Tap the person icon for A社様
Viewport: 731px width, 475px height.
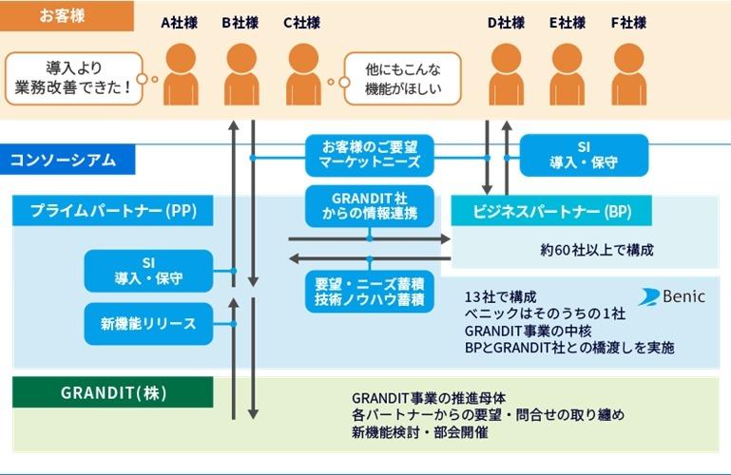point(181,71)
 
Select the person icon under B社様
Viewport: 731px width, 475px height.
point(240,71)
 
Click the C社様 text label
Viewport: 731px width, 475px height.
point(303,23)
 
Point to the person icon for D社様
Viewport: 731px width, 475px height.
point(505,71)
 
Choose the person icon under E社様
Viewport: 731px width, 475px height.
point(567,71)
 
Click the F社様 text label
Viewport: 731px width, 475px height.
point(627,23)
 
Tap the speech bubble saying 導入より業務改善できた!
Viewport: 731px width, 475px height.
point(71,79)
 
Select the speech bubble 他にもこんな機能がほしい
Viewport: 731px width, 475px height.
point(400,79)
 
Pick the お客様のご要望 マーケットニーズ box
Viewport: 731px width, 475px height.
point(370,156)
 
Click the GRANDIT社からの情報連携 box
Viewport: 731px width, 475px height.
point(370,206)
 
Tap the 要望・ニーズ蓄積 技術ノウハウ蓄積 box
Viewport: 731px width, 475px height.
point(370,291)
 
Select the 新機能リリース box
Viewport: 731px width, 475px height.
point(148,324)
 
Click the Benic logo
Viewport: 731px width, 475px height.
point(672,296)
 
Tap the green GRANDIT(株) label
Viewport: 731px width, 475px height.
point(112,391)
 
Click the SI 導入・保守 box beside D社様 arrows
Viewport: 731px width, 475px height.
point(584,155)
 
